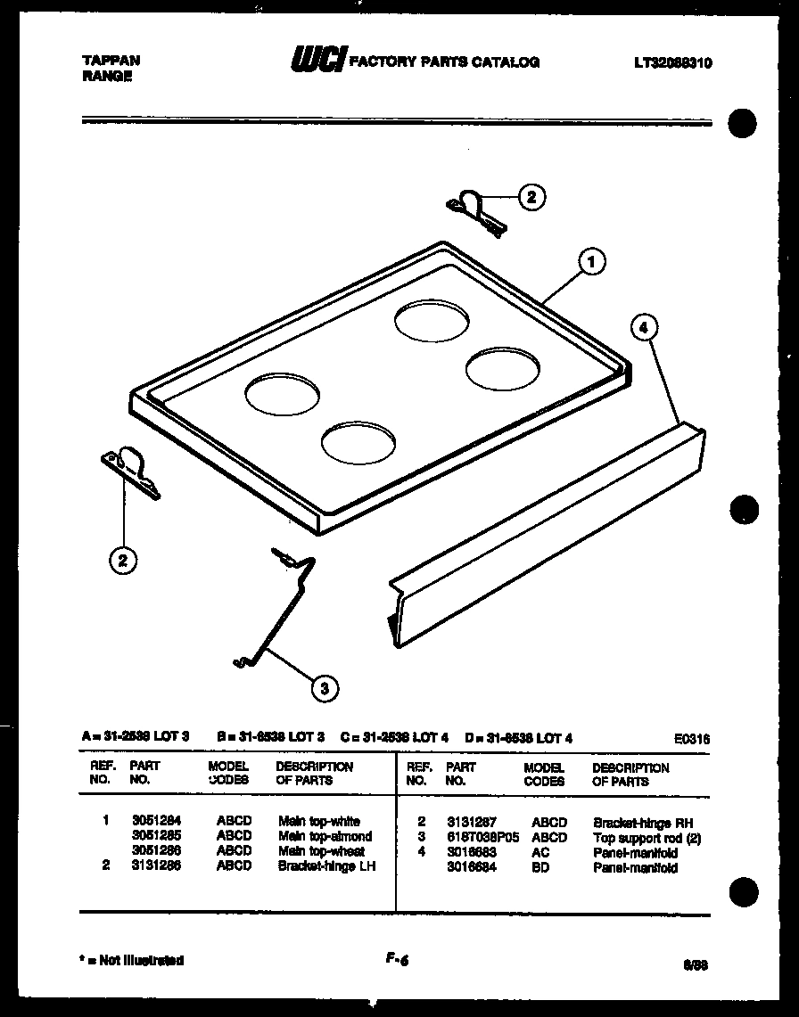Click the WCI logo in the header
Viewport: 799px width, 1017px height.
[x=317, y=61]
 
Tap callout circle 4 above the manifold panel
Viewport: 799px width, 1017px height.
[x=644, y=328]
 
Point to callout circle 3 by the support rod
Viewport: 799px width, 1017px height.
[x=325, y=687]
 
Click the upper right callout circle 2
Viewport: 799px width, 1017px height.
[x=531, y=197]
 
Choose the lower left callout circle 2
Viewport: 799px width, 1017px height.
[x=123, y=560]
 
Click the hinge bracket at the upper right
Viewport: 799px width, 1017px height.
[x=477, y=211]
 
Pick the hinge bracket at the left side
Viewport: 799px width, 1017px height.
[x=132, y=469]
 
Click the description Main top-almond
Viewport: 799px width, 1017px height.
[x=325, y=836]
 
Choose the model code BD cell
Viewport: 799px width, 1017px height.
[x=541, y=867]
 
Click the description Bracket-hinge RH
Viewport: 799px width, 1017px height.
[x=642, y=824]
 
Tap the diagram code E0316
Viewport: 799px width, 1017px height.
[x=693, y=738]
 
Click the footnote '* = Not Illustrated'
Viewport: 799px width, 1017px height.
[x=132, y=961]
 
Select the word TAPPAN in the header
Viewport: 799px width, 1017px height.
[x=111, y=61]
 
